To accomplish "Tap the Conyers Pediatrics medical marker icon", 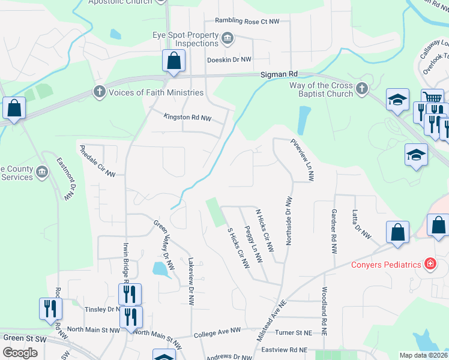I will (430, 264).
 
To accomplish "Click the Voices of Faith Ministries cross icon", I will (99, 92).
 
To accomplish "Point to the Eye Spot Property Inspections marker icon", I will (227, 40).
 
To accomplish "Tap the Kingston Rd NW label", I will (188, 118).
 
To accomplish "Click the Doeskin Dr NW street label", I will (228, 59).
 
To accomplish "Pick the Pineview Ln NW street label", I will (302, 160).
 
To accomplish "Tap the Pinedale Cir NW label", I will (97, 160).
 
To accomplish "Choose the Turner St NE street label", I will (293, 332).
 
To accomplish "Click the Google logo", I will (20, 352).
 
